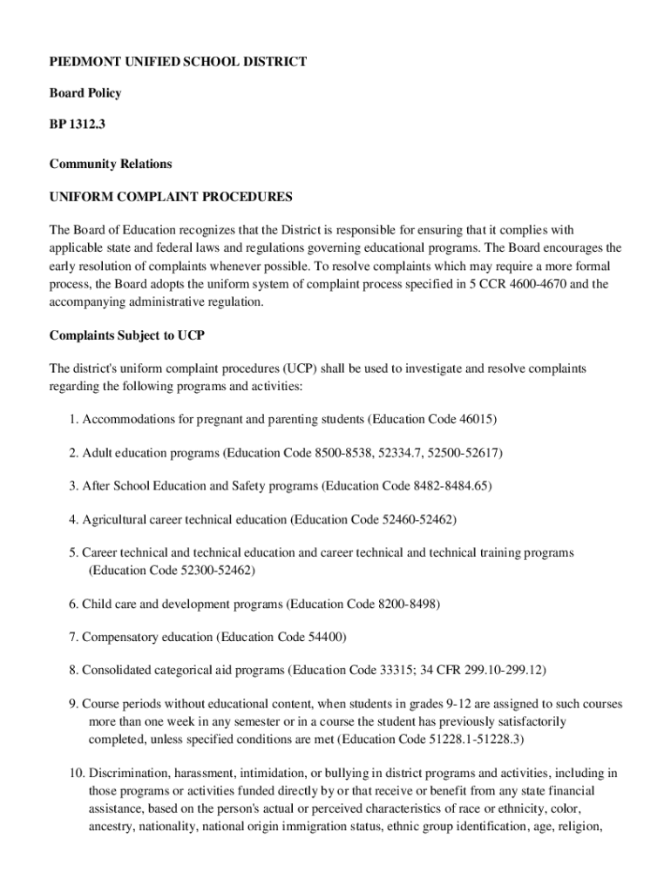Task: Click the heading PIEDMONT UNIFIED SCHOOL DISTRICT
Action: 178,62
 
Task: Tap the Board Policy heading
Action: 85,93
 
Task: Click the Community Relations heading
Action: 111,164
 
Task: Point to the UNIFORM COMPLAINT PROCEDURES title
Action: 171,197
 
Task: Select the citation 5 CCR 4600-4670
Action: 499,284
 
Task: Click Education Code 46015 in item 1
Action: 433,419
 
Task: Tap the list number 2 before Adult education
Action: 73,453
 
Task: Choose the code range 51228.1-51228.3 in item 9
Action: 471,740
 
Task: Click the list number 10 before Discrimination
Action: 75,773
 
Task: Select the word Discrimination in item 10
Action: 128,773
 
